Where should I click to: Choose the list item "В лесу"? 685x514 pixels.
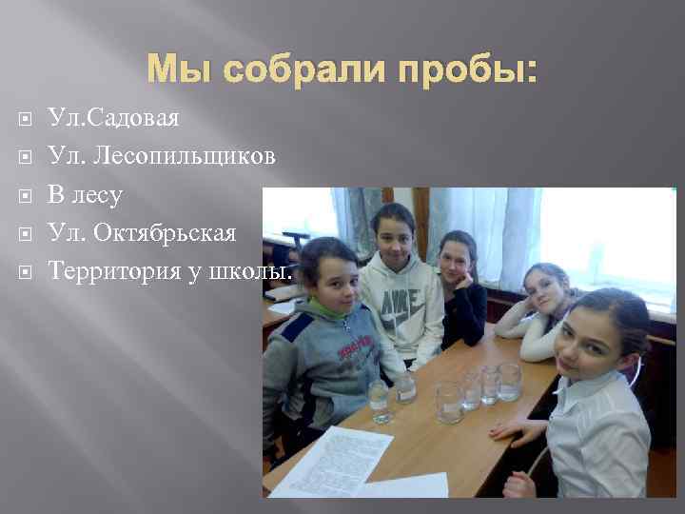coord(85,195)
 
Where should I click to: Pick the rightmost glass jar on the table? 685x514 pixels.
coord(510,381)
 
